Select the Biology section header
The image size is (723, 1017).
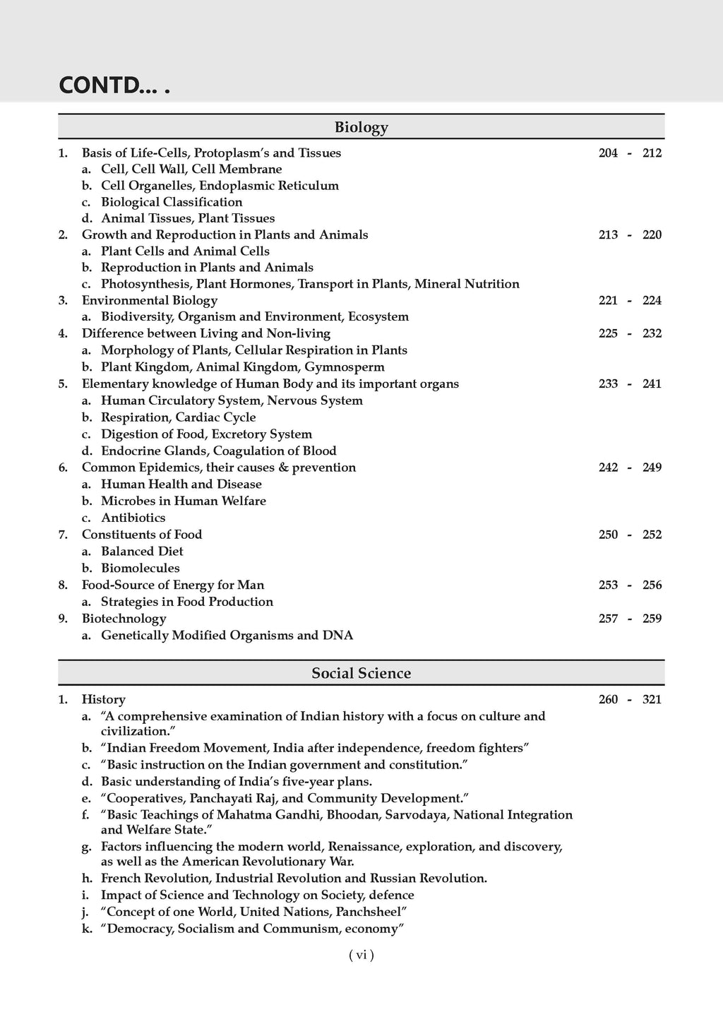361,127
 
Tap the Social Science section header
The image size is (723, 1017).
361,673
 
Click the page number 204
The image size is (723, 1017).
608,153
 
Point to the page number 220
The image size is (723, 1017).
652,234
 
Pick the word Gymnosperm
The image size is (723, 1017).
345,367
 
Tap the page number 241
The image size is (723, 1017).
652,383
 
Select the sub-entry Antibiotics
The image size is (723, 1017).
133,518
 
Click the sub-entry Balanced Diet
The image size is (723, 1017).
142,551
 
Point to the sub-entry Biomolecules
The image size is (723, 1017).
141,568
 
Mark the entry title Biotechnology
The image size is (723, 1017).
124,618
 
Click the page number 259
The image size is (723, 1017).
652,618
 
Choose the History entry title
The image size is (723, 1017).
104,699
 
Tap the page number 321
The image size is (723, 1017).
652,699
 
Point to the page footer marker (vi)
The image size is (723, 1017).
361,955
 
